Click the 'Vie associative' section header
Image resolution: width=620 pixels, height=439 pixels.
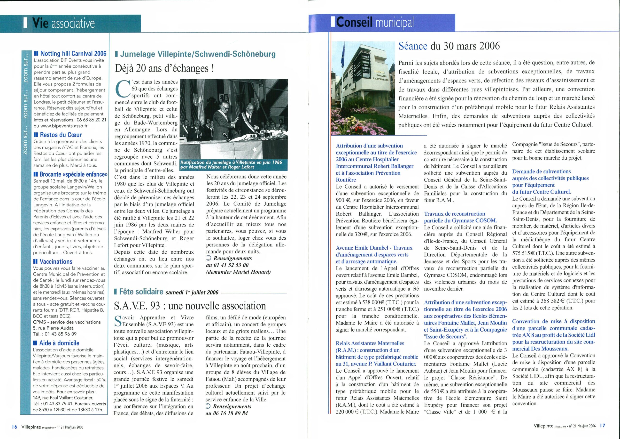[64, 24]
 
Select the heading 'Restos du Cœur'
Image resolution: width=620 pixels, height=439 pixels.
[61, 135]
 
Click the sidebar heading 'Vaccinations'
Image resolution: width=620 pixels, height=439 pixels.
[56, 261]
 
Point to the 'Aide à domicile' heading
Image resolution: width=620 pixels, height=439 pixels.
[59, 343]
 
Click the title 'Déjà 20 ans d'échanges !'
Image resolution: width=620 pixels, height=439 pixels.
[164, 68]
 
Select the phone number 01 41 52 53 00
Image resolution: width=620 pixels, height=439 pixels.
[227, 265]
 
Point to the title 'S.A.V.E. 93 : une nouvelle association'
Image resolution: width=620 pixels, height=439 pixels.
[190, 306]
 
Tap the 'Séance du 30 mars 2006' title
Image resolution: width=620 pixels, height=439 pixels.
[449, 46]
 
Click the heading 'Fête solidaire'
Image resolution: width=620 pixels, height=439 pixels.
[141, 292]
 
